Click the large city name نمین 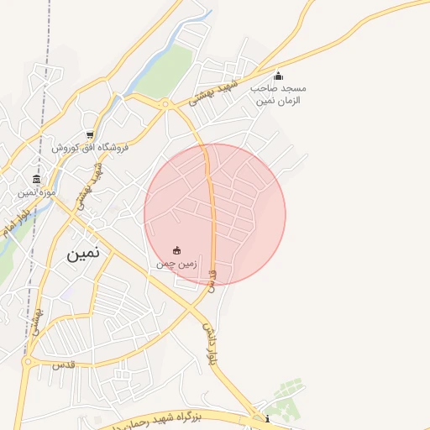point(84,252)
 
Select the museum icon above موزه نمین point(36,179)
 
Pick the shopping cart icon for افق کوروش point(89,134)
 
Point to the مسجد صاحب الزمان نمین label point(279,94)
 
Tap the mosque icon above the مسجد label point(278,76)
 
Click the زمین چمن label point(176,264)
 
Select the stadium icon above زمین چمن point(176,250)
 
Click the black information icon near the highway point(267,419)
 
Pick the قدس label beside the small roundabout point(65,366)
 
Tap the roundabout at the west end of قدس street point(28,363)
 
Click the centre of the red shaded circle point(215,215)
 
